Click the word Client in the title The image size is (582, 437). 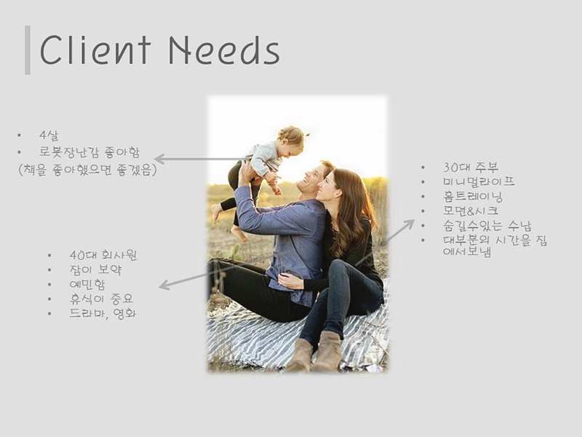tap(95, 50)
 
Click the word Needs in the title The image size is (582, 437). tap(224, 50)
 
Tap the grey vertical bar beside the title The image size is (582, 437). tap(28, 50)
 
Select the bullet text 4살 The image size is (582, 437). tap(49, 135)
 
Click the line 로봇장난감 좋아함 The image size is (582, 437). tap(89, 152)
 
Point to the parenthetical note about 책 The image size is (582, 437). tap(87, 170)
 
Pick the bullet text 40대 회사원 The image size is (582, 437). tap(103, 256)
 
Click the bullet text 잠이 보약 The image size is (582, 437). tap(95, 269)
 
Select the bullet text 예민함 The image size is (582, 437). tap(87, 285)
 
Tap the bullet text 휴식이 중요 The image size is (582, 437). tap(101, 299)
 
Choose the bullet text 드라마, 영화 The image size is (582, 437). tap(103, 313)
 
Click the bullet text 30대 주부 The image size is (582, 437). tap(471, 168)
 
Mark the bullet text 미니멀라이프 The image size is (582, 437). tap(479, 182)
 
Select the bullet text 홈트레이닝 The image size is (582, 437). tap(472, 197)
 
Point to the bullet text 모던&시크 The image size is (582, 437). tap(471, 211)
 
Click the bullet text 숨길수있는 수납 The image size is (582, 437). tap(487, 226)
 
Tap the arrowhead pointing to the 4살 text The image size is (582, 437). tap(157, 159)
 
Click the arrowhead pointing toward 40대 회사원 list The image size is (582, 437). tap(162, 286)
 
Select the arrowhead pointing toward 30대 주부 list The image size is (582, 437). tap(410, 223)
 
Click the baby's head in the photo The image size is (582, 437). tap(292, 138)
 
